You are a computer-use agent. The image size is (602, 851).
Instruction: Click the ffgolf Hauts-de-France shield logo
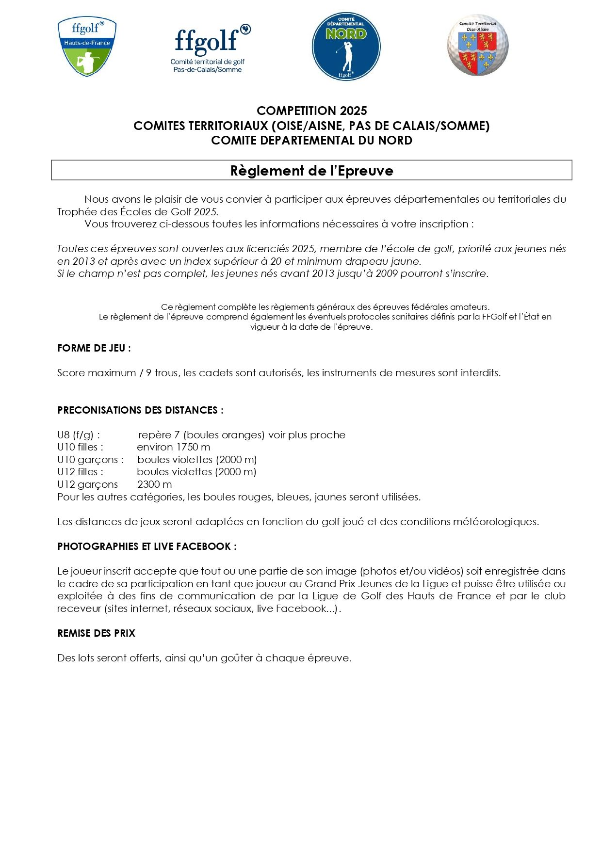click(87, 47)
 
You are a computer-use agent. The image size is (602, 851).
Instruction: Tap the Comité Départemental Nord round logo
click(346, 47)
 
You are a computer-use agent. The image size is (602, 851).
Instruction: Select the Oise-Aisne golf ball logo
click(478, 45)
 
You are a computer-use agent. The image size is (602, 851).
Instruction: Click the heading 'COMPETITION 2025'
click(311, 111)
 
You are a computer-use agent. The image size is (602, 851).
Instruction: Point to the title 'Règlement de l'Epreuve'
click(311, 171)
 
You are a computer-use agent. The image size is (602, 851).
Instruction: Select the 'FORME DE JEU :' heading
click(94, 348)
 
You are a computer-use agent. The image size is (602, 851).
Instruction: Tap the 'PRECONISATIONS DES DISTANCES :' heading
click(140, 410)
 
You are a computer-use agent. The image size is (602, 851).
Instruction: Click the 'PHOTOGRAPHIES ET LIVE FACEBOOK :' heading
click(147, 546)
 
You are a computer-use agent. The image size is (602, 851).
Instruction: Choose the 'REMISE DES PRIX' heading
click(96, 633)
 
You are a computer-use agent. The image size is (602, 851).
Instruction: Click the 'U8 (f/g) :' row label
click(79, 435)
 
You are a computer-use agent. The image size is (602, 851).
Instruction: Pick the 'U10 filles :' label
click(80, 447)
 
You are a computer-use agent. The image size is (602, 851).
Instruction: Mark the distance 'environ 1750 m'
click(174, 447)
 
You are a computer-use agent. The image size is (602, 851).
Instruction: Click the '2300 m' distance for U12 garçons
click(154, 484)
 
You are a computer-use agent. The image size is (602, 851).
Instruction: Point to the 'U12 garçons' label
click(87, 484)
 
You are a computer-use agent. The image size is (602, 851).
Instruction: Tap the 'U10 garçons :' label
click(90, 460)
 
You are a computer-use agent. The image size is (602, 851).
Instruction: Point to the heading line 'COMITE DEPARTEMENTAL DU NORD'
click(311, 141)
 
